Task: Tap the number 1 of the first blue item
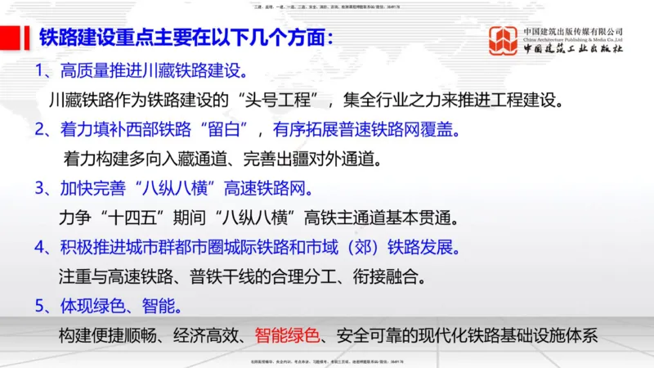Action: pyautogui.click(x=41, y=70)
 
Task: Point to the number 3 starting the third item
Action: pyautogui.click(x=41, y=188)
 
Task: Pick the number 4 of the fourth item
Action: pyautogui.click(x=41, y=247)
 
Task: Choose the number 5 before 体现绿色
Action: pyautogui.click(x=41, y=306)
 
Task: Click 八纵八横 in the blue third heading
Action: pyautogui.click(x=171, y=188)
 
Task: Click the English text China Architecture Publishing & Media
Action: pyautogui.click(x=573, y=39)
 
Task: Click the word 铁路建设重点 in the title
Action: pyautogui.click(x=95, y=38)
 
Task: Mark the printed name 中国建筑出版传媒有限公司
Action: pyautogui.click(x=573, y=30)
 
